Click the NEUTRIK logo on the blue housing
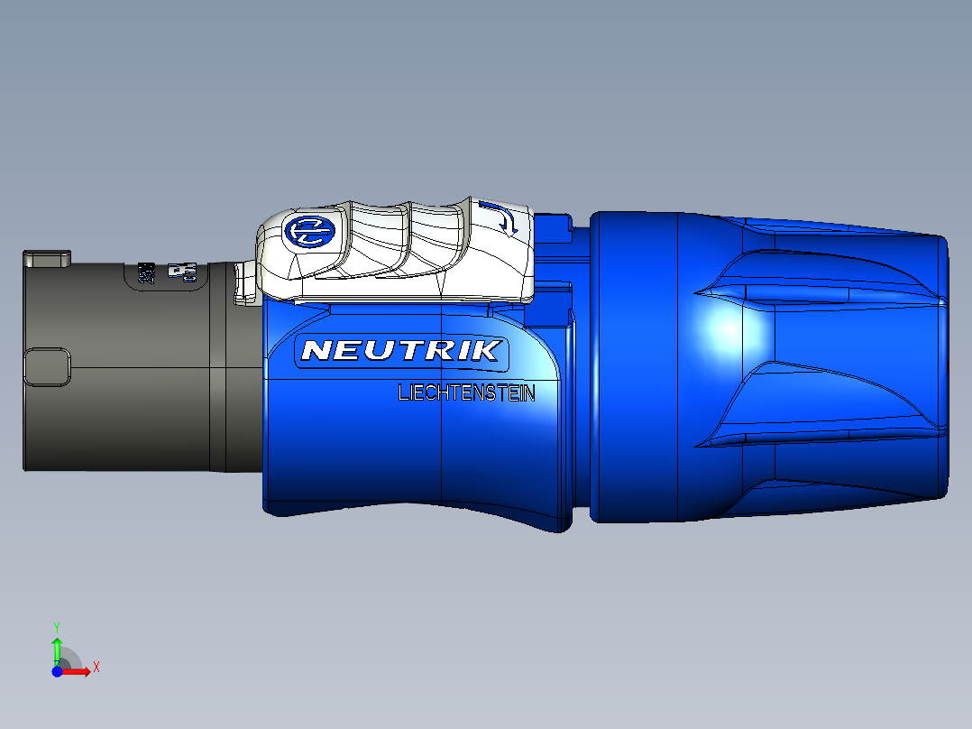point(402,350)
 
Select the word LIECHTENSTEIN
point(466,393)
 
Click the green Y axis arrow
point(57,648)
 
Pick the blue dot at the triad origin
point(57,672)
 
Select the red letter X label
point(96,668)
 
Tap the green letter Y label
point(57,625)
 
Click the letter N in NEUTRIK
point(316,350)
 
